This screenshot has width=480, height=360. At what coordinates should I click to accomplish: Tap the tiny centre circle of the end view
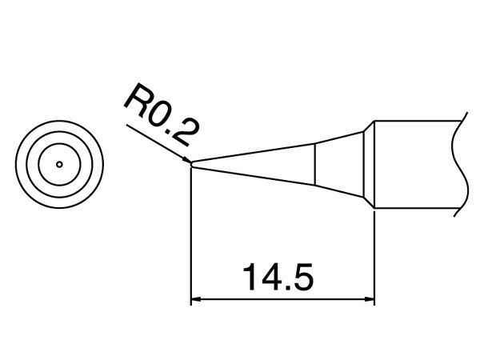point(59,165)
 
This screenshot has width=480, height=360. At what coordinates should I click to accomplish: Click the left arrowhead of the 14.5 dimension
point(196,301)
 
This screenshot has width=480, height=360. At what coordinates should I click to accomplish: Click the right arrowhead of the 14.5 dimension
point(370,301)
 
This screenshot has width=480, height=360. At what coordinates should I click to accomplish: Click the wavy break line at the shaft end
point(458,165)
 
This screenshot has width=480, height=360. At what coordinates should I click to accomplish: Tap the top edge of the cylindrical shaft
point(416,121)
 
